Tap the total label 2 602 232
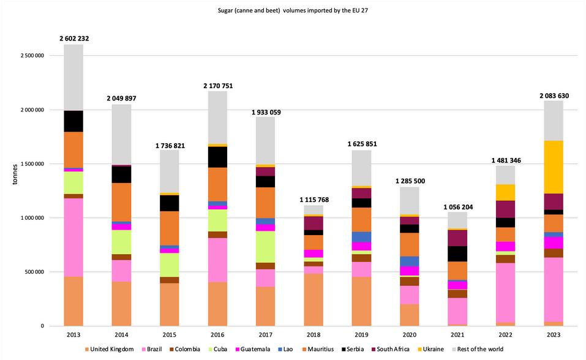pyautogui.click(x=74, y=39)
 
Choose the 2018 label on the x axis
pyautogui.click(x=314, y=336)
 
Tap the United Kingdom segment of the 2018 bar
pyautogui.click(x=314, y=299)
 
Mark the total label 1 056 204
pyautogui.click(x=457, y=207)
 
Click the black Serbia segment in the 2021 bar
pyautogui.click(x=457, y=253)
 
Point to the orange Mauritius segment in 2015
pyautogui.click(x=170, y=228)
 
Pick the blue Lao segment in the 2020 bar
pyautogui.click(x=410, y=261)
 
